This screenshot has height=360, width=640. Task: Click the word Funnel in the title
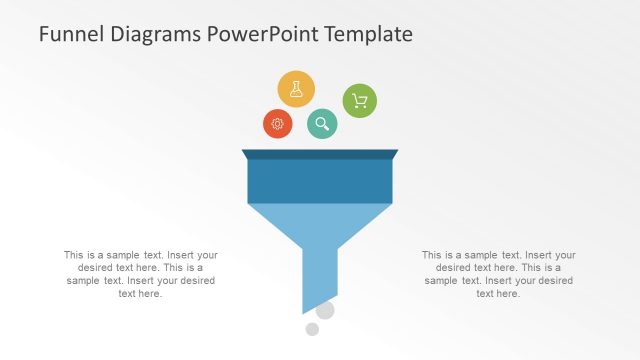(68, 34)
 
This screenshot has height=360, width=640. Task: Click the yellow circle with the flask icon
(296, 89)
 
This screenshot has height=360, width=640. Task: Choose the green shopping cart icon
(360, 101)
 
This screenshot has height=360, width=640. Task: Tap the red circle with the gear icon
(278, 124)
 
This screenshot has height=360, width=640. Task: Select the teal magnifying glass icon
(322, 124)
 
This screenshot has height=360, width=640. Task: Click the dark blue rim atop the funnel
(320, 154)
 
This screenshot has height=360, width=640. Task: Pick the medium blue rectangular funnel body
(320, 181)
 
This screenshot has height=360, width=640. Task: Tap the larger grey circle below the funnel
(325, 310)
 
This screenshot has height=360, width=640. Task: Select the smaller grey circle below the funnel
(312, 329)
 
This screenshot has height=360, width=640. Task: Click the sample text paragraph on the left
(141, 274)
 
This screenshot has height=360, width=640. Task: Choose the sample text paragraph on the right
(499, 274)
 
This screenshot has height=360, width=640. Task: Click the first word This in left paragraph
(74, 255)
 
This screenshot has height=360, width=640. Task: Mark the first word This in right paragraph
(432, 255)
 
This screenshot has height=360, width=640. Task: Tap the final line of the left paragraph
(141, 294)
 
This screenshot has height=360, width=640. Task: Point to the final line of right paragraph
(498, 294)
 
